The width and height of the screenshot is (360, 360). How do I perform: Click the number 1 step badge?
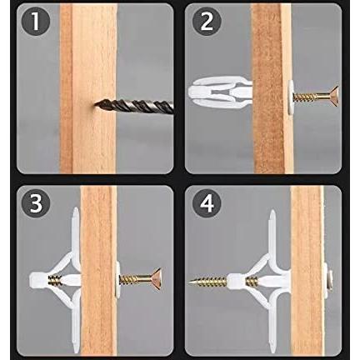(36, 21)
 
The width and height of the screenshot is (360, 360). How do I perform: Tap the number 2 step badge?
(207, 21)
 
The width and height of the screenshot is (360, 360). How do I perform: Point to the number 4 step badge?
(207, 204)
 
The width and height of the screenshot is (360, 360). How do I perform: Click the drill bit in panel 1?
(134, 106)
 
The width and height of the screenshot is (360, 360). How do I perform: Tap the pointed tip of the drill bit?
(94, 104)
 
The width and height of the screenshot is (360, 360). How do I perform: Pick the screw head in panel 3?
(156, 280)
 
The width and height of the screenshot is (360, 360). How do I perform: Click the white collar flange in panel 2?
(291, 97)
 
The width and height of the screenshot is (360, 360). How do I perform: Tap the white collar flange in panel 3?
(117, 280)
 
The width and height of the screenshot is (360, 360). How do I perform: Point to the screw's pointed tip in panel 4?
(189, 282)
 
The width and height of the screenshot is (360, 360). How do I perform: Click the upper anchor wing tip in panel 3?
(76, 209)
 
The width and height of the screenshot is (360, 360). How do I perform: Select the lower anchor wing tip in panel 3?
(77, 351)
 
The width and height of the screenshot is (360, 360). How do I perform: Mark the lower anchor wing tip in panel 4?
(272, 352)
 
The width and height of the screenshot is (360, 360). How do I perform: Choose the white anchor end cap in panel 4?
(237, 282)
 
